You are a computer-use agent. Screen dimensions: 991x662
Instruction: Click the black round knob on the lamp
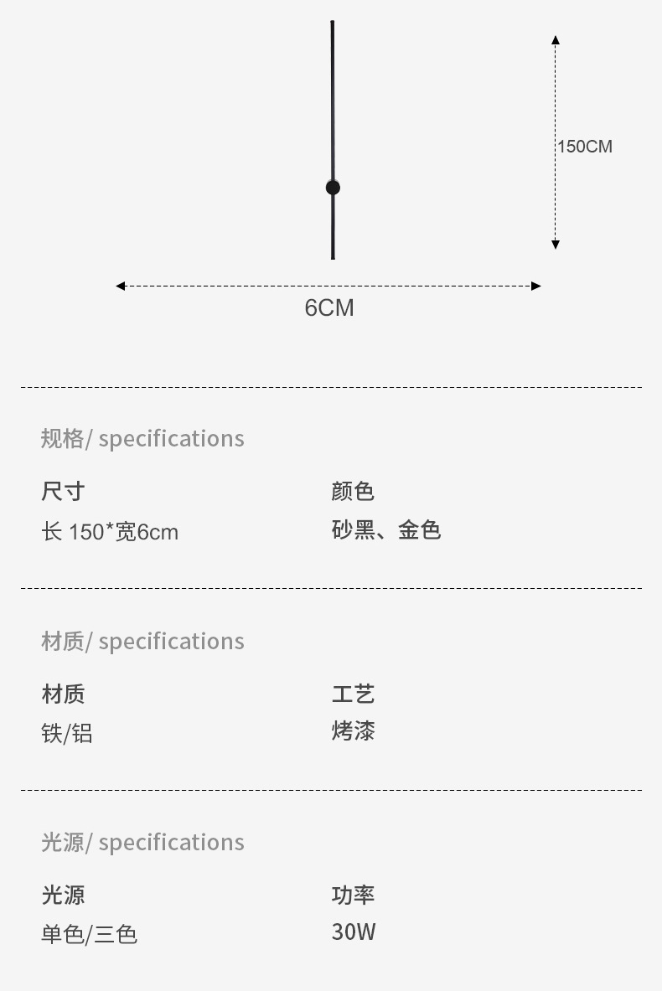[x=333, y=188]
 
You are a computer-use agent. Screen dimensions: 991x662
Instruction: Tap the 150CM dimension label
[x=585, y=147]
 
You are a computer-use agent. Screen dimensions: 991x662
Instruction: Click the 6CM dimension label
[x=329, y=308]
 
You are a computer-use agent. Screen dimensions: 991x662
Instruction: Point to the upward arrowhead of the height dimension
[x=556, y=39]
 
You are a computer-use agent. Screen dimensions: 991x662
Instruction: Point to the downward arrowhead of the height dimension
[x=556, y=245]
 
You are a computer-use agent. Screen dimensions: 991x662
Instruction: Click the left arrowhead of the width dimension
[x=121, y=286]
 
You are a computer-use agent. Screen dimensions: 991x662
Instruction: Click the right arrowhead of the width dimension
[x=536, y=286]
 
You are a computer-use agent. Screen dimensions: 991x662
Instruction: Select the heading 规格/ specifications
[x=142, y=438]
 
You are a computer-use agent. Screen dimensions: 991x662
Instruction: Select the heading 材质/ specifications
[x=142, y=641]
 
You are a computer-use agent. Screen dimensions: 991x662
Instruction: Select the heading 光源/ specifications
[x=142, y=842]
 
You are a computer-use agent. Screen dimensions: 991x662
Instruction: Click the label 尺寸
[x=63, y=491]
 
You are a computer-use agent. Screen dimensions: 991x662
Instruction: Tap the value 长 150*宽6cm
[x=110, y=532]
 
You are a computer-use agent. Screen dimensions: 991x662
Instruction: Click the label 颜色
[x=353, y=491]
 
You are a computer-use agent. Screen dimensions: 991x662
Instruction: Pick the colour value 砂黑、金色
[x=386, y=530]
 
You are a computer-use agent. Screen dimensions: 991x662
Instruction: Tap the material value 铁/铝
[x=67, y=734]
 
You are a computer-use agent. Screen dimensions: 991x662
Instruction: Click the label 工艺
[x=353, y=694]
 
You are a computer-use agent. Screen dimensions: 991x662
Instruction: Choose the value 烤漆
[x=353, y=731]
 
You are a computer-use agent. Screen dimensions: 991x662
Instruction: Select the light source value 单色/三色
[x=90, y=934]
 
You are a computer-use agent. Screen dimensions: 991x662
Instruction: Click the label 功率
[x=353, y=895]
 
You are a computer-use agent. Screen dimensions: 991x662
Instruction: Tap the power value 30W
[x=354, y=932]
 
